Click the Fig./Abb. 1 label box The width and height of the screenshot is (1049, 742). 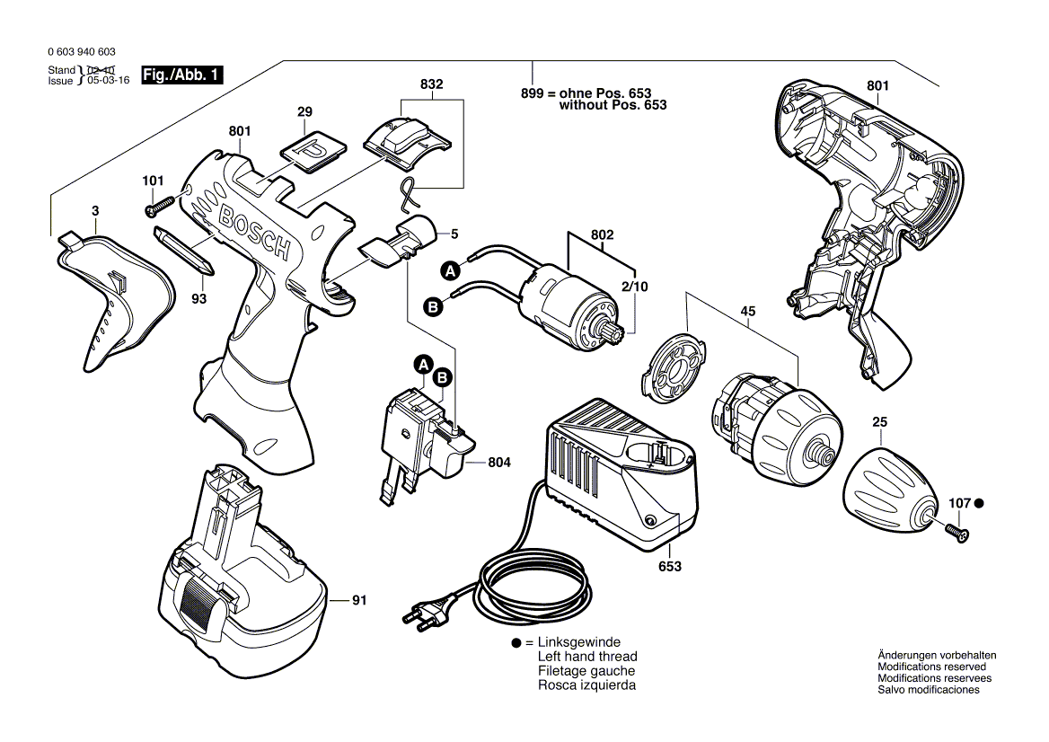(182, 76)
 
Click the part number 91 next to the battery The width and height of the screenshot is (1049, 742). (359, 599)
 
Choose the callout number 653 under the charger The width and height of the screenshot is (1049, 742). (670, 567)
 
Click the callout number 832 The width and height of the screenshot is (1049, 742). (432, 84)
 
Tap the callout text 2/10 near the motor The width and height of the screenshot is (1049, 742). (635, 287)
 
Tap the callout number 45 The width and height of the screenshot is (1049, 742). (748, 311)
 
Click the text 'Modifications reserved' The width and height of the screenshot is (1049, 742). (931, 667)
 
